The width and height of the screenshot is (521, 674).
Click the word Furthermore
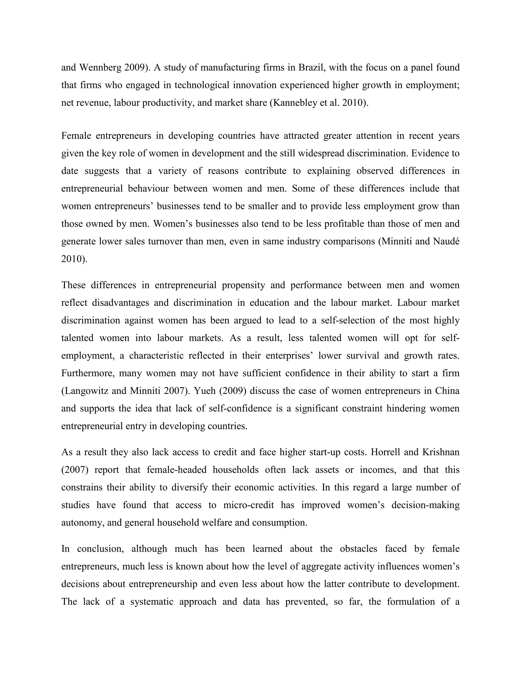click(x=87, y=373)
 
